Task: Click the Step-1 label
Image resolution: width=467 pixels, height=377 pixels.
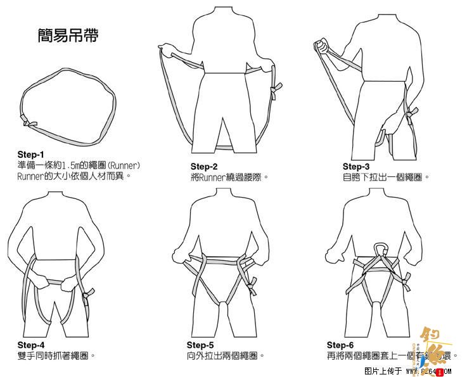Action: click(31, 154)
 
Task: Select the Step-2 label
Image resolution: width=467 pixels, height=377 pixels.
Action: click(204, 167)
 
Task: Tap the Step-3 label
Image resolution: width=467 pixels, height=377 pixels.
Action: click(356, 167)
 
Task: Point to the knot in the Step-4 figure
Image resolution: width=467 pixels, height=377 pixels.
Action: click(88, 293)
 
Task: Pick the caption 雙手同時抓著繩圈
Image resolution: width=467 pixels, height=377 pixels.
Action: click(56, 355)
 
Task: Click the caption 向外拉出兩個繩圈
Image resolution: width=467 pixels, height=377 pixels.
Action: click(225, 355)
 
